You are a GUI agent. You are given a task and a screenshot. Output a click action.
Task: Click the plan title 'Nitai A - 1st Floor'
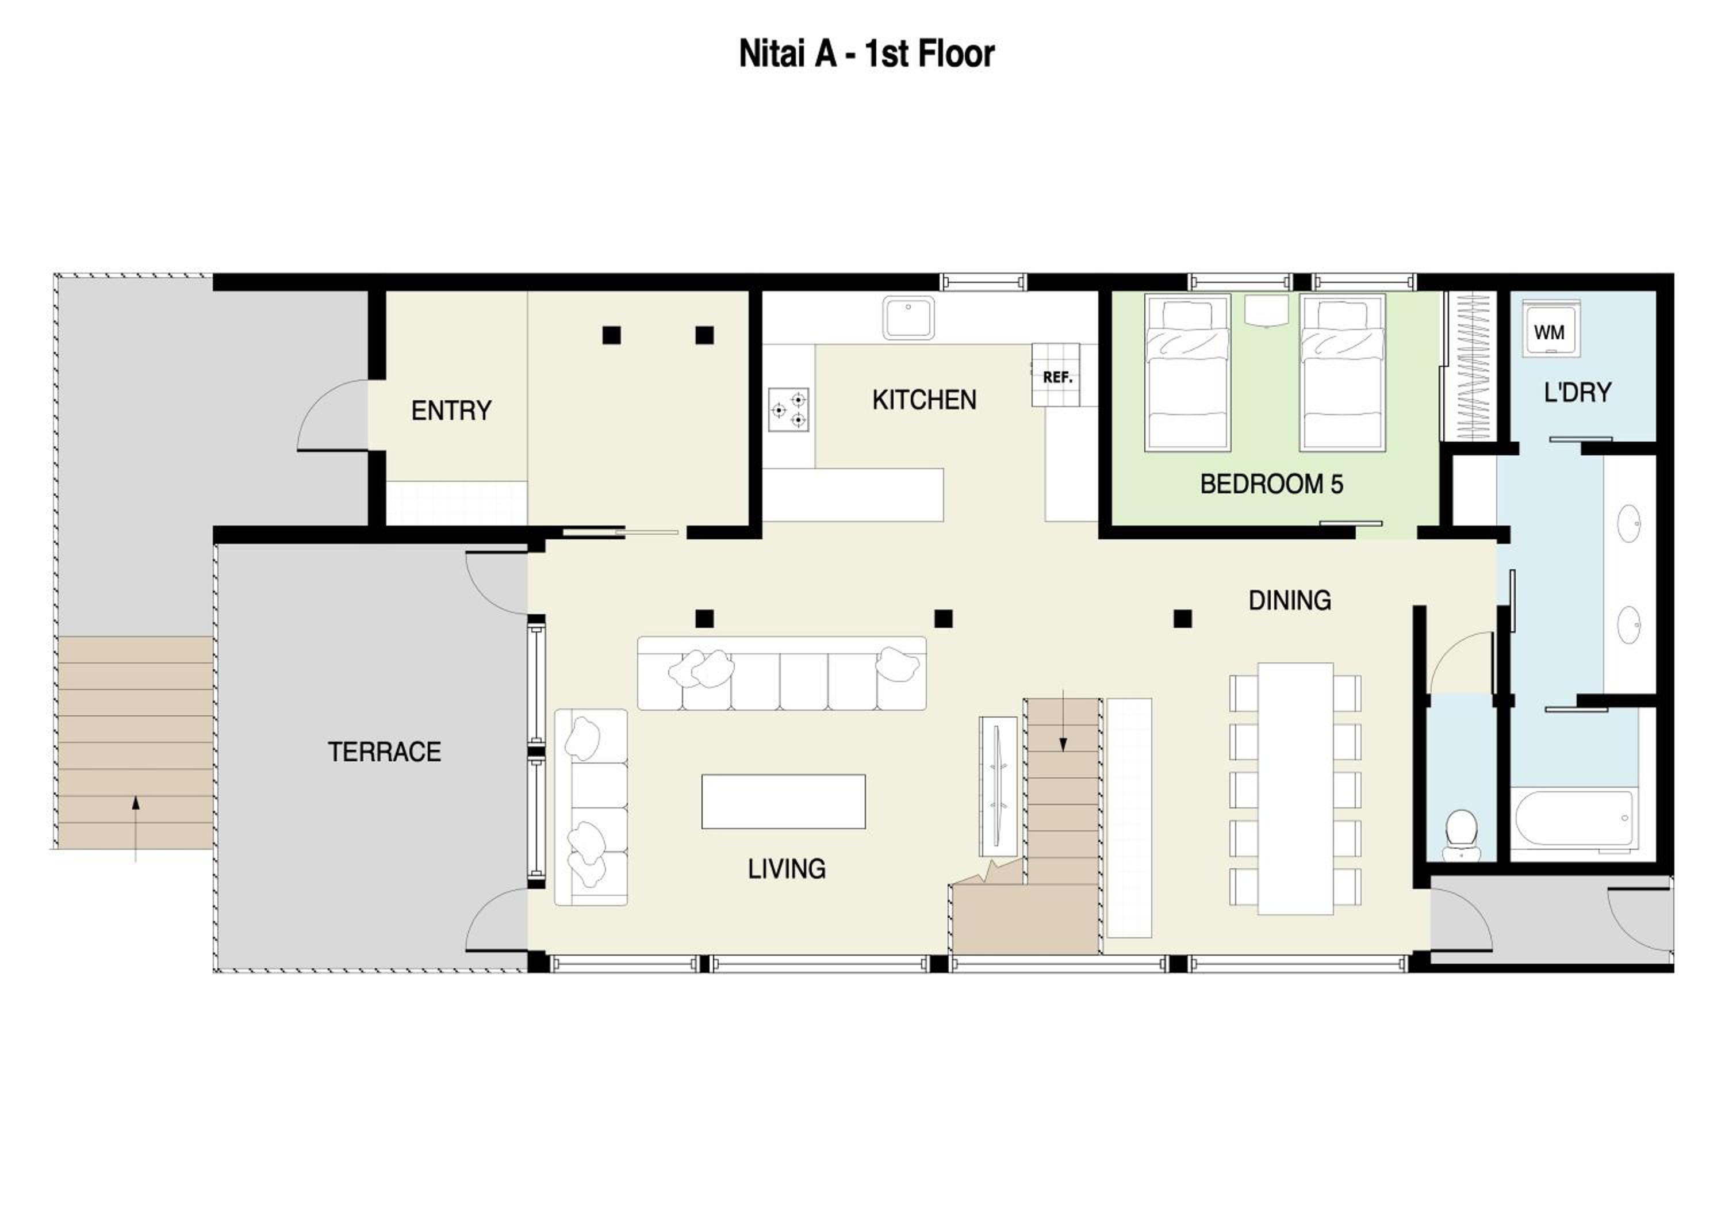867,54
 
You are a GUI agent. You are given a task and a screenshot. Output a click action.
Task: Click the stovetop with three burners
789,410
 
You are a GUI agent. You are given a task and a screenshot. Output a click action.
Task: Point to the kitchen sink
908,318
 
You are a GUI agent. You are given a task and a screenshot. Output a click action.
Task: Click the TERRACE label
384,752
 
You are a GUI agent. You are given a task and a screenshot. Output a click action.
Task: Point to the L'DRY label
1577,392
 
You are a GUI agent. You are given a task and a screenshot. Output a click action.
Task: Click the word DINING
1289,600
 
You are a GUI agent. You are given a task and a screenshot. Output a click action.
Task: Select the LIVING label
786,869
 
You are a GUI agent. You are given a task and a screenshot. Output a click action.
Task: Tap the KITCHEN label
924,400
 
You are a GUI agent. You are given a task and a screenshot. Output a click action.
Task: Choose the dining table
1295,789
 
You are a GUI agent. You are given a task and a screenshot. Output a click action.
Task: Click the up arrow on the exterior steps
135,829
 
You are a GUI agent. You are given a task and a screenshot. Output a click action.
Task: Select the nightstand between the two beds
1266,309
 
